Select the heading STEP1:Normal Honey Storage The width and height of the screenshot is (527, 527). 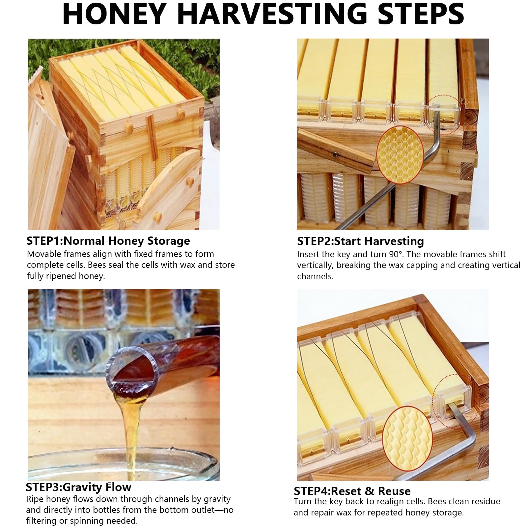[x=108, y=241]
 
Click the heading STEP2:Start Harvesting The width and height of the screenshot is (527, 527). [x=360, y=241]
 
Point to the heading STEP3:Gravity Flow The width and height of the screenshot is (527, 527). [x=78, y=487]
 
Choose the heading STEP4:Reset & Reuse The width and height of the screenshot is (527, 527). [x=352, y=491]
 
